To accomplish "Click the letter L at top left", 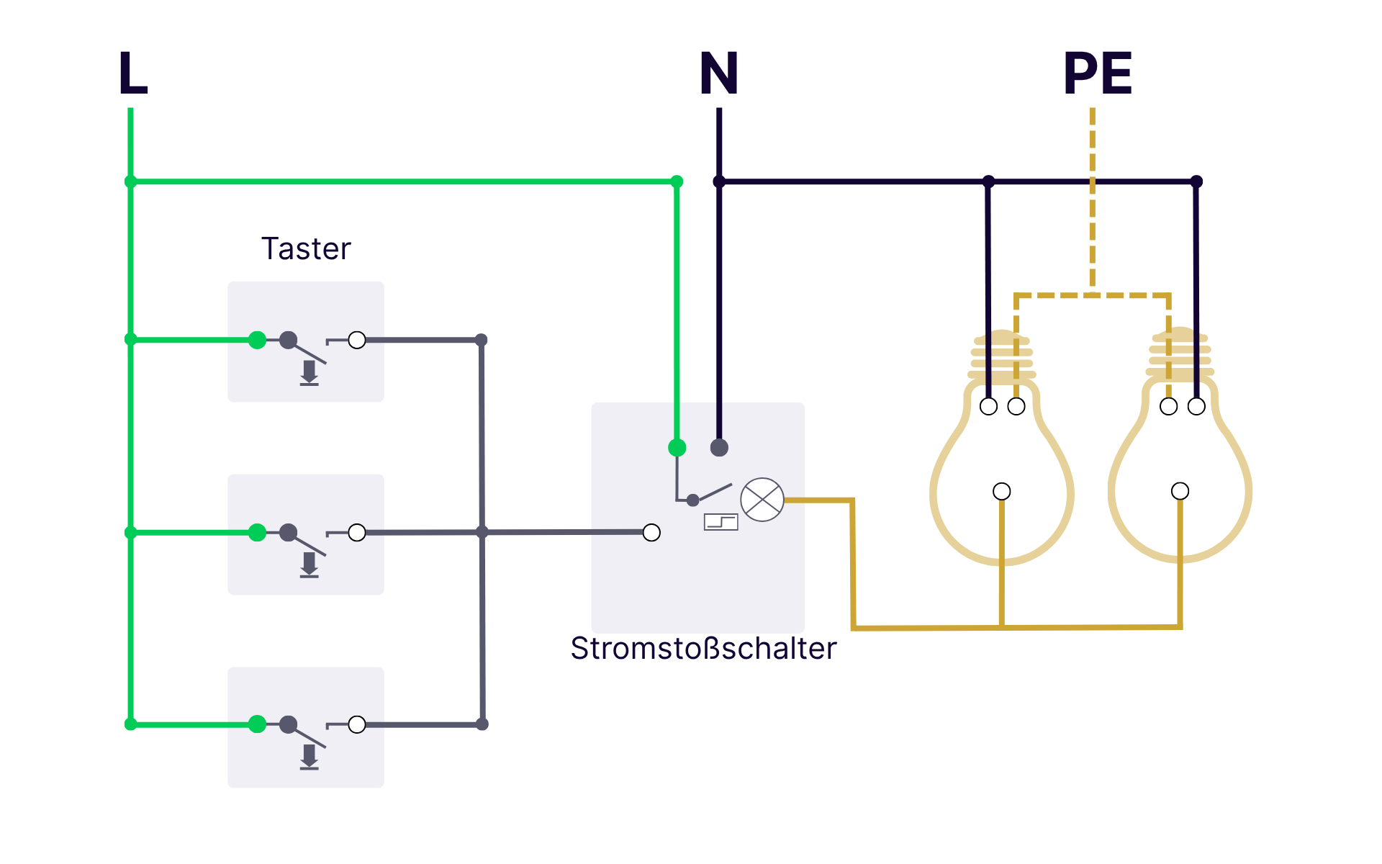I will (x=133, y=73).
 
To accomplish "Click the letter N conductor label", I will (x=719, y=73).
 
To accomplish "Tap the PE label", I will (x=1098, y=73).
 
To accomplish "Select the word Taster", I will (x=306, y=249).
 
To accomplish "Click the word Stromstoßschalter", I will (x=703, y=649).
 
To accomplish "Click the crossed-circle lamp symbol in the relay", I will (x=762, y=500).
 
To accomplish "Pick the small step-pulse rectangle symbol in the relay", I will (x=721, y=522).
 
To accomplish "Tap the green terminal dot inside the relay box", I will (x=677, y=448).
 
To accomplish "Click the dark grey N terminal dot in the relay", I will (x=719, y=448).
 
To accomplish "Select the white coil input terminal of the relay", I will (x=651, y=533).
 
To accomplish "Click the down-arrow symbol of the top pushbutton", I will (x=310, y=373).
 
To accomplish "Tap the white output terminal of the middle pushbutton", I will (x=357, y=533).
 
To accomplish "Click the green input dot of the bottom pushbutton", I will (x=257, y=724).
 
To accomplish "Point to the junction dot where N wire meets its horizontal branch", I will (x=719, y=181).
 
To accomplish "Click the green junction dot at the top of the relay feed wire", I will (x=677, y=181).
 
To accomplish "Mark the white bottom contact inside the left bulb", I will (x=1002, y=492).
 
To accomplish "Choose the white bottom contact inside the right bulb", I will (x=1180, y=491).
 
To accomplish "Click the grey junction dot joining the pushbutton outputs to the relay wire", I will (x=482, y=533).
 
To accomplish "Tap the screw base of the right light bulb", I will (x=1180, y=356).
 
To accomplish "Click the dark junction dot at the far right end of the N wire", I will (x=1196, y=181).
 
